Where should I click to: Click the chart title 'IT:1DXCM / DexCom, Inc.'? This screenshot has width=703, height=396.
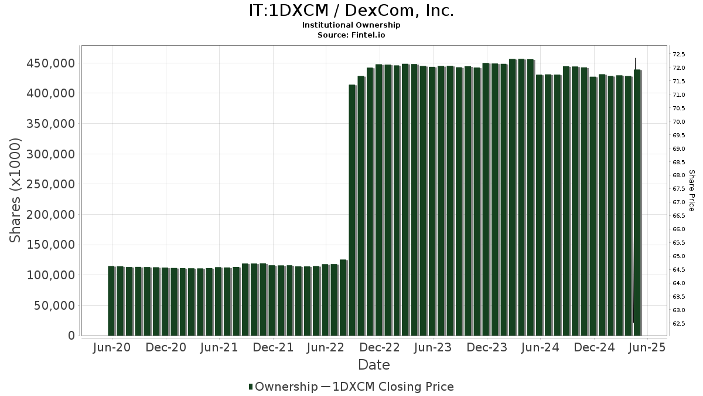click(x=351, y=11)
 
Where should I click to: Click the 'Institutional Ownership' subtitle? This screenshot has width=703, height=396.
click(x=351, y=25)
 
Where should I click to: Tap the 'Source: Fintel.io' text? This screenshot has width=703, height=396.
click(x=351, y=35)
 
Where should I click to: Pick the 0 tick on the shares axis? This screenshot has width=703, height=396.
click(x=71, y=336)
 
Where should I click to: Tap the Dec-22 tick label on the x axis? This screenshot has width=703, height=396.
click(x=380, y=347)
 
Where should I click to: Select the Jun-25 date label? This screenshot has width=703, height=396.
click(x=647, y=347)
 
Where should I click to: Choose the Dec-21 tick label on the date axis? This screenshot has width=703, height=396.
click(x=273, y=347)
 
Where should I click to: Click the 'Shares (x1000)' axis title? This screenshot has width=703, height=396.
click(x=16, y=190)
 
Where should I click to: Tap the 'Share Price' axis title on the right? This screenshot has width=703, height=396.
click(x=691, y=190)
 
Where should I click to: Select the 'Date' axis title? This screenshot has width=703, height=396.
click(x=374, y=365)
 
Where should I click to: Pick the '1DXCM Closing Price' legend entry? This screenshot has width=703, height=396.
click(x=393, y=387)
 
